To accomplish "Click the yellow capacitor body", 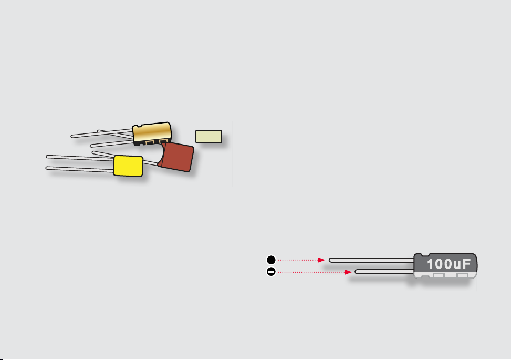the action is click(x=128, y=166).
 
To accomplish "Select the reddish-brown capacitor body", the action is click(x=176, y=157).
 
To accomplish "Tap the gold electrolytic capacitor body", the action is click(x=152, y=132).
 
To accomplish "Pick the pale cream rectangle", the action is click(x=208, y=137).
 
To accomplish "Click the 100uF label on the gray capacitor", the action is click(x=449, y=264).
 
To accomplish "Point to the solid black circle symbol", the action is click(x=271, y=260).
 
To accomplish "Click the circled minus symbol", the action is click(x=271, y=272).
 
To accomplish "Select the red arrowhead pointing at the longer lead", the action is click(x=321, y=260).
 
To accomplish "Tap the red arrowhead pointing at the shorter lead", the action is click(x=348, y=272).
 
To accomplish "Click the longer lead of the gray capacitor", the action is click(x=371, y=260).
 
